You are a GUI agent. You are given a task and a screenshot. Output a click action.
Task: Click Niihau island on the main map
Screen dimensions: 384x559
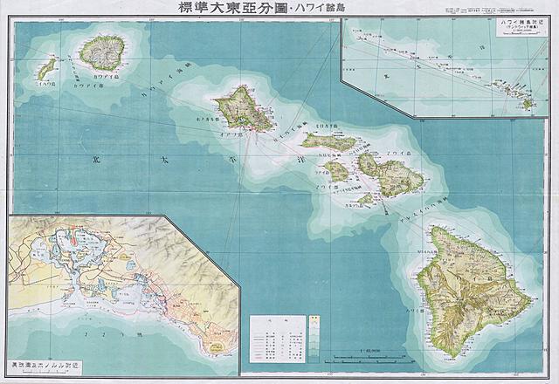pyautogui.click(x=47, y=67)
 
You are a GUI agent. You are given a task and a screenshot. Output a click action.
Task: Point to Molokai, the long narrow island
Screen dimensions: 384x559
pyautogui.click(x=328, y=141)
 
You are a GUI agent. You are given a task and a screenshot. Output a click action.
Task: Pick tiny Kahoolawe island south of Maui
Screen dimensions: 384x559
pyautogui.click(x=366, y=199)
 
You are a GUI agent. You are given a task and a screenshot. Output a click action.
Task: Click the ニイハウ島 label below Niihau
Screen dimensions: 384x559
pyautogui.click(x=41, y=86)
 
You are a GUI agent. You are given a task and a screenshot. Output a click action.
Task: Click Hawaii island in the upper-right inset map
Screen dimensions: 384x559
pyautogui.click(x=527, y=104)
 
